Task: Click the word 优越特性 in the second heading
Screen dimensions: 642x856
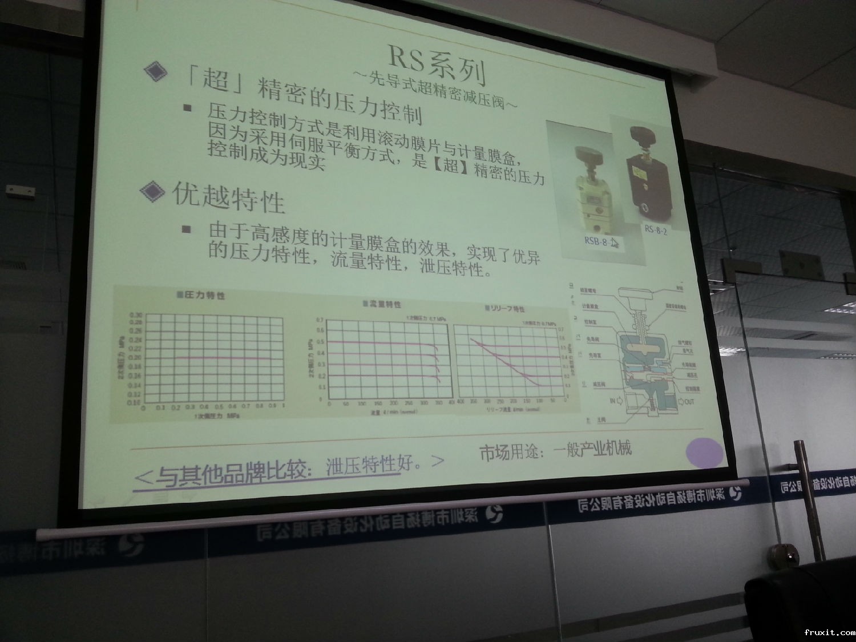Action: [x=228, y=197]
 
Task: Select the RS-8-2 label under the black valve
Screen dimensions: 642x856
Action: [x=656, y=230]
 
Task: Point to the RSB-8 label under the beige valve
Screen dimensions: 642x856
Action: [x=597, y=240]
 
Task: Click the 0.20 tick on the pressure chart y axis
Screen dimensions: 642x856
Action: [x=136, y=358]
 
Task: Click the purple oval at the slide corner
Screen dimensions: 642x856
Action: [x=706, y=453]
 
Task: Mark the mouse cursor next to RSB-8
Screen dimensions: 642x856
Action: [x=615, y=243]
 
